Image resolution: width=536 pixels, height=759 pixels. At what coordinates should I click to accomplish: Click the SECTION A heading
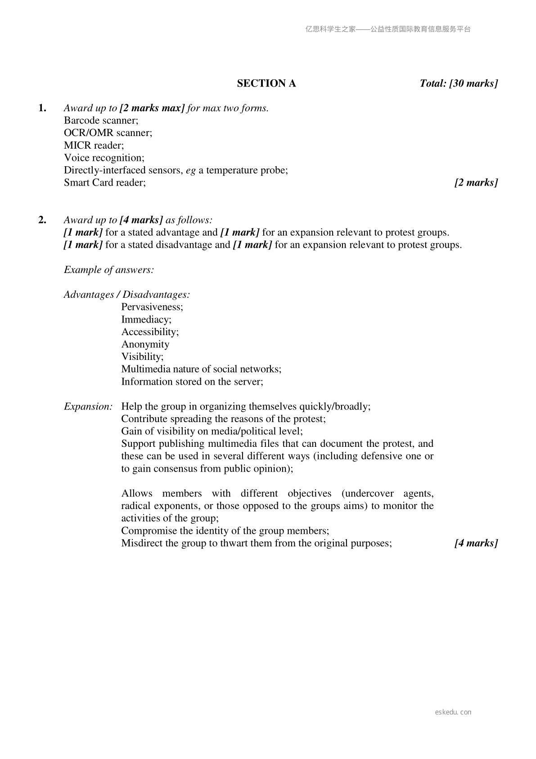[266, 83]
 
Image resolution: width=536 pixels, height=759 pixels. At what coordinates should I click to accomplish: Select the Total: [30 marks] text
[459, 83]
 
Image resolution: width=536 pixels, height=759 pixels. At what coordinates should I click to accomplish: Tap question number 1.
[42, 108]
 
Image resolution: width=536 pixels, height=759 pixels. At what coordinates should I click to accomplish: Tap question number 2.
[42, 220]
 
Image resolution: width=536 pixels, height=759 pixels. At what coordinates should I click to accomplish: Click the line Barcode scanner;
[101, 120]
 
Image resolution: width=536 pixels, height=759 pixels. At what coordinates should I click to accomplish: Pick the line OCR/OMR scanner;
[108, 133]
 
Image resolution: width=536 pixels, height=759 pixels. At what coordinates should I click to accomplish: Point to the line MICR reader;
[94, 145]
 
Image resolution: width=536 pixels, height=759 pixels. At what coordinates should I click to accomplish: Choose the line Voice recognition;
[104, 158]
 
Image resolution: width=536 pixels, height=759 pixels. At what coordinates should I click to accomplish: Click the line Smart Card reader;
[105, 182]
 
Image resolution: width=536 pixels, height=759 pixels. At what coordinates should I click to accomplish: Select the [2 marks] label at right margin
[476, 182]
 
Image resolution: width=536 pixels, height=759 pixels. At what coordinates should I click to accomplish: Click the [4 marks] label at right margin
[476, 543]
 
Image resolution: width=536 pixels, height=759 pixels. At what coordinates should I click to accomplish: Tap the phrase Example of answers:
[109, 270]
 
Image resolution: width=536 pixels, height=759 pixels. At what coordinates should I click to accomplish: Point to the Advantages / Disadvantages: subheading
[127, 295]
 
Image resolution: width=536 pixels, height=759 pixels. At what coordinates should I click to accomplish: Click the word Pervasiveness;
[152, 307]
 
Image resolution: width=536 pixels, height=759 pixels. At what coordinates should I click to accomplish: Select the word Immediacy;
[146, 319]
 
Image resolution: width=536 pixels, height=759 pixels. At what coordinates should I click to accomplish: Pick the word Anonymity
[145, 345]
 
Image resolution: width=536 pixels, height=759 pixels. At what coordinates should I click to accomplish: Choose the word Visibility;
[143, 357]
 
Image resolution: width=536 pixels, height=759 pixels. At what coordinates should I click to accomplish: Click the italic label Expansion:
[88, 407]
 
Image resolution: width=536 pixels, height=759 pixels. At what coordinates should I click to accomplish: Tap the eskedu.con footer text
[453, 712]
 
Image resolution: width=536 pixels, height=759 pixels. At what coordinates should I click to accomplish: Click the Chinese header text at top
[388, 29]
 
